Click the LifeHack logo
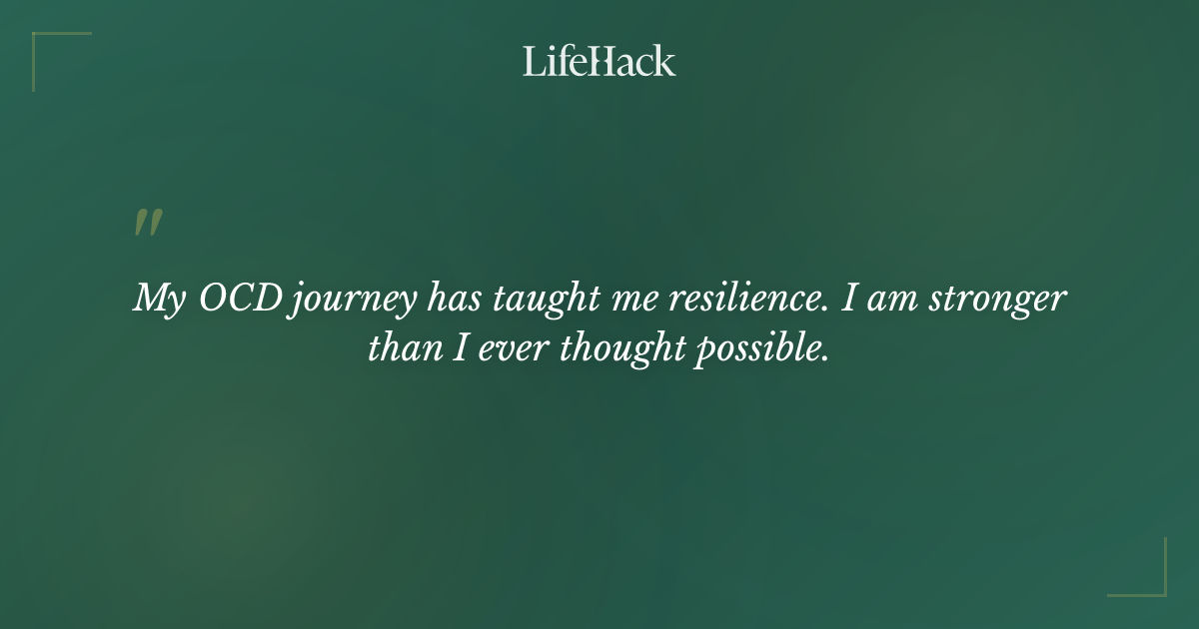click(599, 61)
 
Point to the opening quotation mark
click(147, 224)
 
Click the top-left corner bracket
click(45, 45)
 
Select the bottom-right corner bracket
click(1153, 583)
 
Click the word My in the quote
click(158, 300)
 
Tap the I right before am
click(848, 299)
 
